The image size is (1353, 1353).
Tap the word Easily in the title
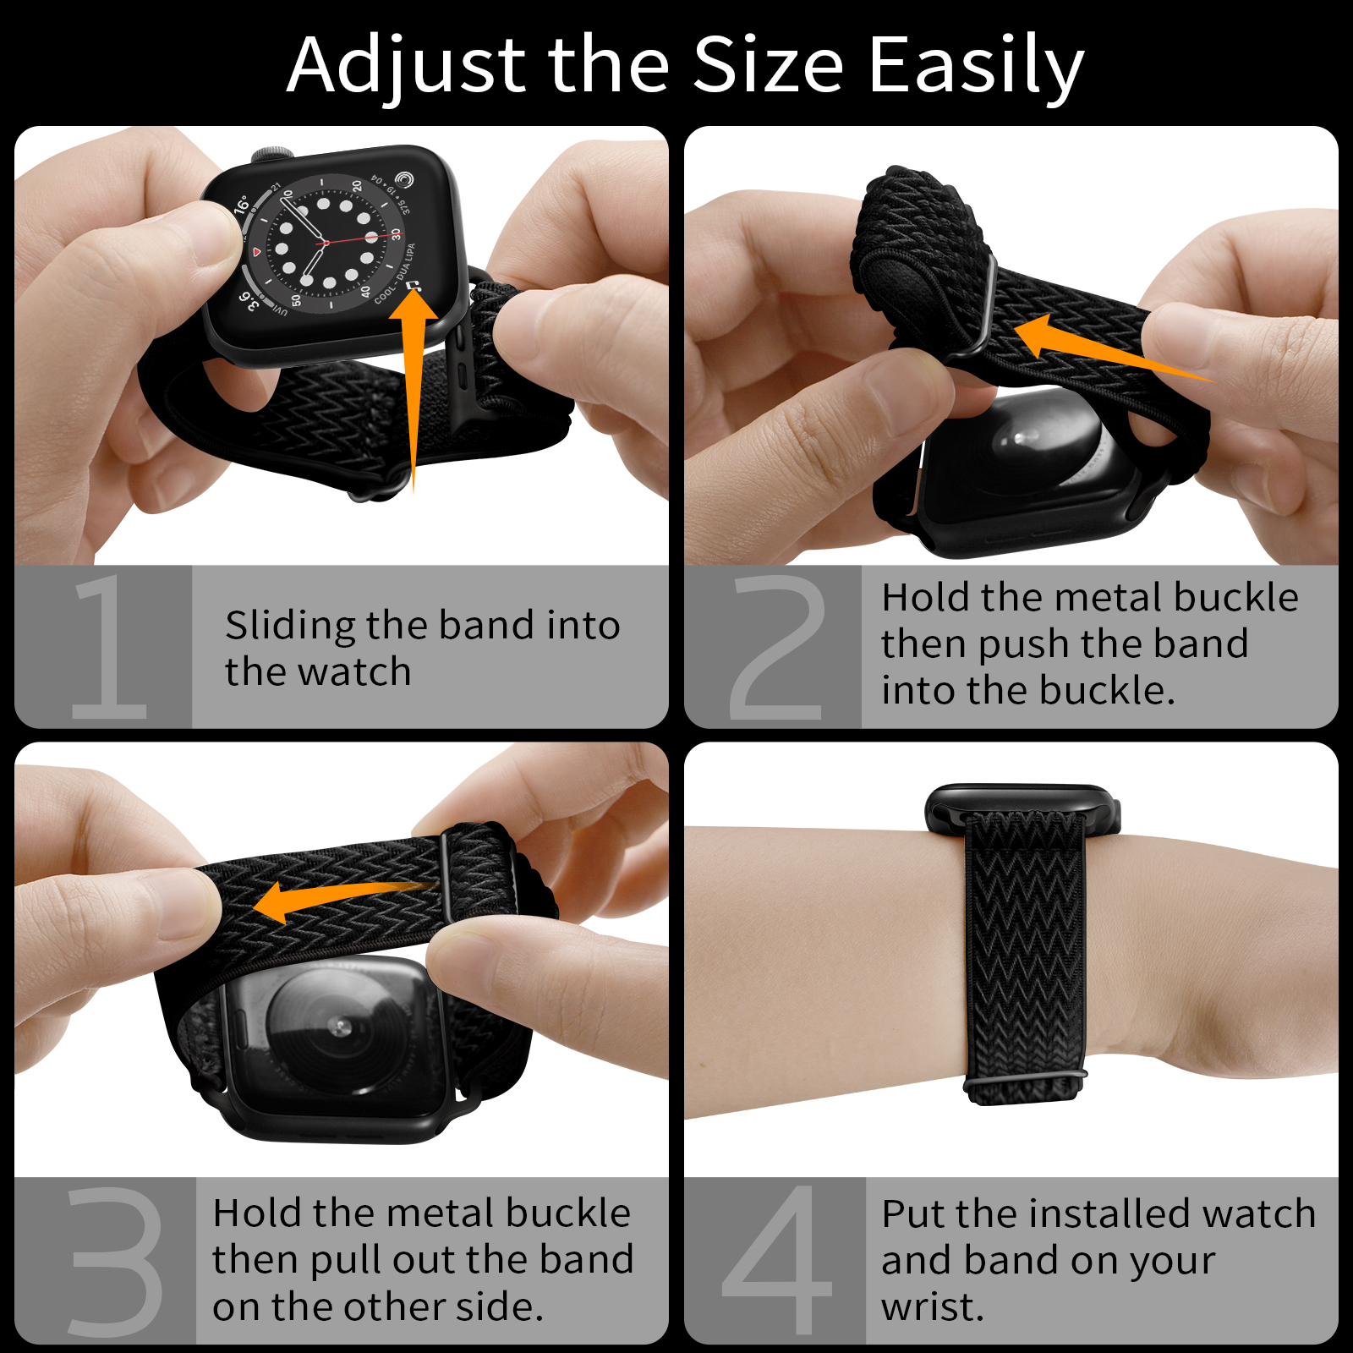[976, 66]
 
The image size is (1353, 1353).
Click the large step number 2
[776, 648]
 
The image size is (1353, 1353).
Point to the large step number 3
[116, 1262]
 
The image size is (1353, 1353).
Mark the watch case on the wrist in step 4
[1022, 808]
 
